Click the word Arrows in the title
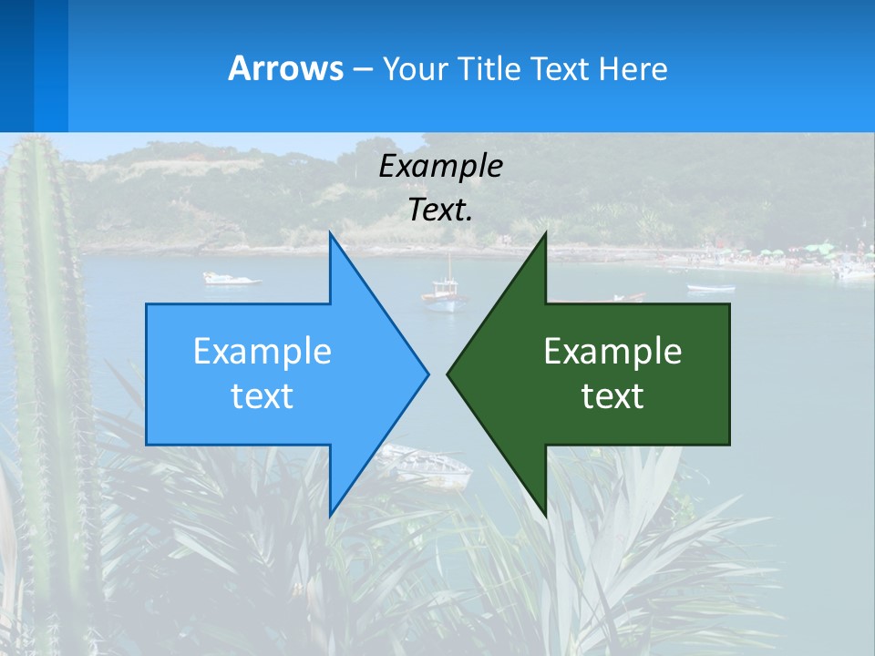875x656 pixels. [285, 68]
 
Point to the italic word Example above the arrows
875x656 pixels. [440, 166]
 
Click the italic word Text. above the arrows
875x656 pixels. [440, 210]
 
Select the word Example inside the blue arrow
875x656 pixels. [262, 351]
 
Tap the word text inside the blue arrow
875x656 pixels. [262, 395]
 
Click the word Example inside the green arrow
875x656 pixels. [612, 351]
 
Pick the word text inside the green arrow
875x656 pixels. [612, 395]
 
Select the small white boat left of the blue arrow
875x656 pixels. [231, 278]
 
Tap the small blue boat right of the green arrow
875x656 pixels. [710, 289]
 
